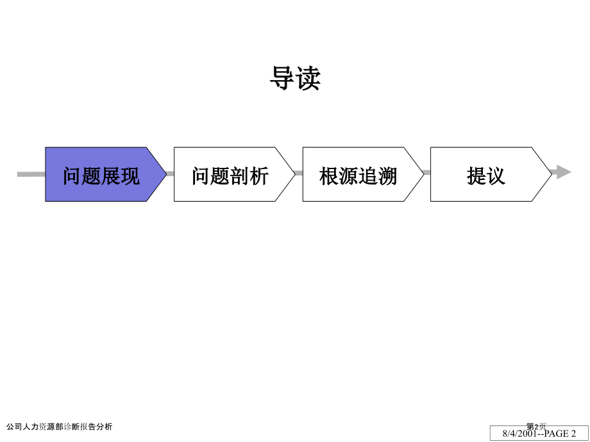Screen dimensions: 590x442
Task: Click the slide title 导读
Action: [x=296, y=78]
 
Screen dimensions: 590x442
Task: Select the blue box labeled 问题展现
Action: [x=106, y=174]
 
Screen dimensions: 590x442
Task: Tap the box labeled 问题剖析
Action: [x=235, y=174]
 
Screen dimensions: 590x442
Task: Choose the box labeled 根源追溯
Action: [x=363, y=174]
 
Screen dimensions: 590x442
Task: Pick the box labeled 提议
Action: [x=491, y=174]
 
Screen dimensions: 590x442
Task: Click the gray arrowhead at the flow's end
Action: [x=562, y=172]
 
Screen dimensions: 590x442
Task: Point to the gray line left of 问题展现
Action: [x=31, y=174]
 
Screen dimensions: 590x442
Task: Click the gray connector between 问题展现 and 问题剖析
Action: [x=170, y=174]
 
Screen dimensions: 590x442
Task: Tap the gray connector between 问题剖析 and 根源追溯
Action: [x=299, y=173]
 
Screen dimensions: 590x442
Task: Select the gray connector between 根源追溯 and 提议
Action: [x=427, y=172]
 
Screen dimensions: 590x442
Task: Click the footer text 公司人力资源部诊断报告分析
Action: [x=60, y=427]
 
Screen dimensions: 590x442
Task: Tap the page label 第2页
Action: [x=536, y=426]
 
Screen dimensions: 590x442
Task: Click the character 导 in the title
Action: [x=282, y=78]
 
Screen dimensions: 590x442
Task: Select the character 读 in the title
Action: [x=308, y=78]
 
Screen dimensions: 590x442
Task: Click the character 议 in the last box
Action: [x=496, y=176]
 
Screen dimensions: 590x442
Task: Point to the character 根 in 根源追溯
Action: [x=329, y=176]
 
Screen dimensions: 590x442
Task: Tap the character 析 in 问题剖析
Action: [x=260, y=176]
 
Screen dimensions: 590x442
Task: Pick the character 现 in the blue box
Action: [x=130, y=176]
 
